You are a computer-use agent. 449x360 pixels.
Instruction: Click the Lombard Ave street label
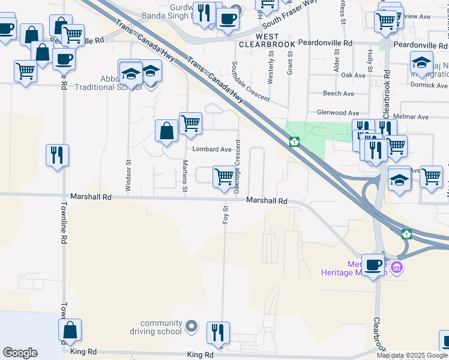coord(211,149)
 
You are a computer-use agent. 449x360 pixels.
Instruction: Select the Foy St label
coord(226,214)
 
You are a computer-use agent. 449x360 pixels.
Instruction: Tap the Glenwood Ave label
coord(337,113)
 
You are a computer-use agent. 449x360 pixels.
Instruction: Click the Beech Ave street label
coord(339,94)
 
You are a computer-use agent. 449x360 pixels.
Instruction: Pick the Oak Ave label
coord(353,75)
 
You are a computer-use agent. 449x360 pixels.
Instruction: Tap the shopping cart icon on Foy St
coord(224,176)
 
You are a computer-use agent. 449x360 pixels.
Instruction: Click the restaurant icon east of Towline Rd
coord(58,155)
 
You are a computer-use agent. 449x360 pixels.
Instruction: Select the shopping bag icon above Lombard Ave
coord(166,130)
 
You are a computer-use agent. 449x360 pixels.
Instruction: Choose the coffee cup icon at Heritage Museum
coord(374,264)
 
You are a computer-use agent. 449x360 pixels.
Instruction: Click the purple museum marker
coord(396,266)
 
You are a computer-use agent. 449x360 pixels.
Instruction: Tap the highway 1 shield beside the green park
coord(294,142)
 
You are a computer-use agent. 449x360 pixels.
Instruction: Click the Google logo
coord(20,353)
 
